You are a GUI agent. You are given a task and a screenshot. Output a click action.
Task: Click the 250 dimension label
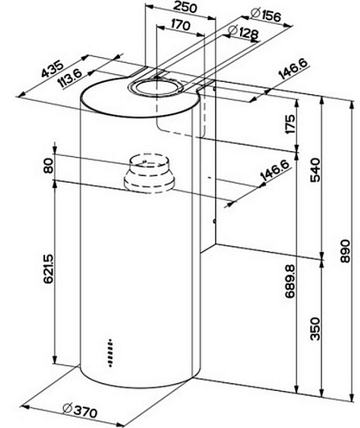click(x=185, y=6)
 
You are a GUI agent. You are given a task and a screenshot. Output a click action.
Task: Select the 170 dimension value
click(x=180, y=25)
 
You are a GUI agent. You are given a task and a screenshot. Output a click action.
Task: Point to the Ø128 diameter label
click(x=242, y=32)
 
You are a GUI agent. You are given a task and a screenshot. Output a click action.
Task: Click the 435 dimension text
click(x=52, y=70)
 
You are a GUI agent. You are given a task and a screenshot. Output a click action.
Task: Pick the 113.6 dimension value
click(x=70, y=79)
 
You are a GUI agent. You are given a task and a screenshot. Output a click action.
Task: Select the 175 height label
click(x=290, y=124)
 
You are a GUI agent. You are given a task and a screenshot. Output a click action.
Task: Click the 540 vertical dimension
click(x=315, y=170)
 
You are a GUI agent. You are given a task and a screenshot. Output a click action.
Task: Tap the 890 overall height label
click(x=346, y=251)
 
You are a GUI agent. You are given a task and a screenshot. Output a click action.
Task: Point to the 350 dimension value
click(x=315, y=328)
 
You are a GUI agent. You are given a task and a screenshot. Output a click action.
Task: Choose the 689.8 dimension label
click(x=290, y=281)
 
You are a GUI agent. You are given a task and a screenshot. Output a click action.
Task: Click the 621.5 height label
click(x=48, y=269)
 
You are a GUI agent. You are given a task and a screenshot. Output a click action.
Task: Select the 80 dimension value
click(x=48, y=166)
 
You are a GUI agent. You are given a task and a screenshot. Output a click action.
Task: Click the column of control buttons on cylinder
click(x=110, y=352)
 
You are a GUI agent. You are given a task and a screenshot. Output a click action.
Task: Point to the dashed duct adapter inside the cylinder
click(x=149, y=173)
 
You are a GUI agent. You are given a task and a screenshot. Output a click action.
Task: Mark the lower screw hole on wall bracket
click(x=215, y=221)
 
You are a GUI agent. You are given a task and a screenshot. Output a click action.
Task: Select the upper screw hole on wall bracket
click(x=215, y=88)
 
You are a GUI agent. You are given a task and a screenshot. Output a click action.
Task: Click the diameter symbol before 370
click(x=67, y=409)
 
